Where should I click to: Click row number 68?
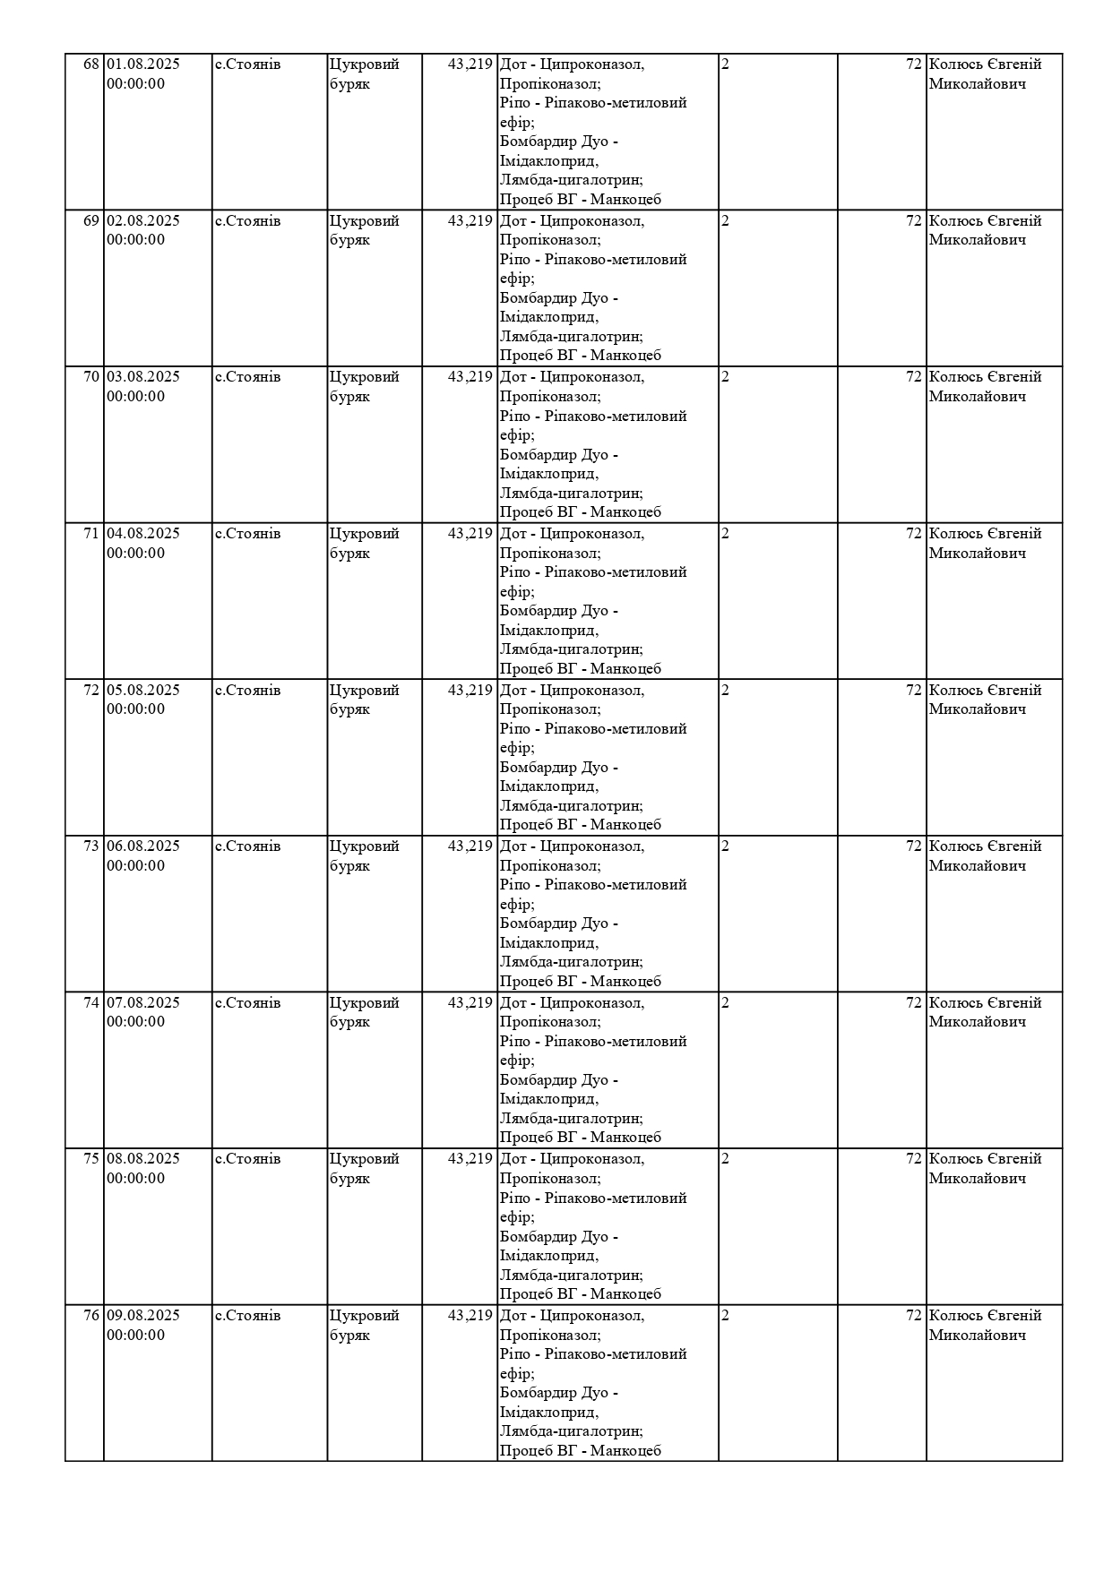[x=91, y=64]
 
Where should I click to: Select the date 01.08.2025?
[x=143, y=64]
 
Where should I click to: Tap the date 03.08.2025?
[x=143, y=377]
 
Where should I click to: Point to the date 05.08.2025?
[x=143, y=691]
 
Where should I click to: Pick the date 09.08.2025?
[x=143, y=1316]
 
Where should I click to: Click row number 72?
[x=91, y=691]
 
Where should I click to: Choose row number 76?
[x=91, y=1316]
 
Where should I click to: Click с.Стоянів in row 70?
[x=248, y=377]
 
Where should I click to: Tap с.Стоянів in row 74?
[x=248, y=1003]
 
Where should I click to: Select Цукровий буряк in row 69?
[x=364, y=230]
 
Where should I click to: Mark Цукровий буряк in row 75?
[x=364, y=1168]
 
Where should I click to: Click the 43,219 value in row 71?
[x=470, y=534]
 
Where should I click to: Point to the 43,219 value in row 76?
[x=470, y=1316]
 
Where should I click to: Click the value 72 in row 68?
[x=914, y=64]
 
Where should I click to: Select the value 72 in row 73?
[x=914, y=846]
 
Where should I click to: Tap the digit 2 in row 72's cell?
[x=726, y=691]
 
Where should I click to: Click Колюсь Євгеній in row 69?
[x=986, y=221]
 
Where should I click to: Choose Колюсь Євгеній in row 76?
[x=986, y=1316]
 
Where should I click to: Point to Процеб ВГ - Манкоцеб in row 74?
[x=581, y=1138]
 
